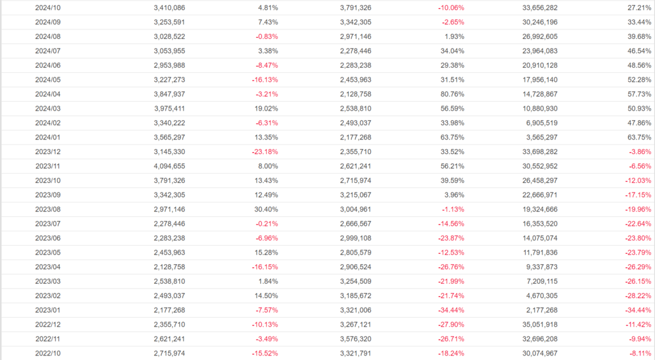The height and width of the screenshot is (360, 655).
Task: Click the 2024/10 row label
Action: click(48, 8)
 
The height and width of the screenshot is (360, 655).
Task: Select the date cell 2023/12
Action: click(48, 152)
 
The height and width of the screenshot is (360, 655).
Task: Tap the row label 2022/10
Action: click(48, 353)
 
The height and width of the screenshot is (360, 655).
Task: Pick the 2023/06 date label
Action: click(48, 238)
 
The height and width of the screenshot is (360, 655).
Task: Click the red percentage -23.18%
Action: click(263, 152)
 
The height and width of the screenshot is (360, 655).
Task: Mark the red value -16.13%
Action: click(263, 80)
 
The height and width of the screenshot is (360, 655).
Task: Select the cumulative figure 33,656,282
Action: click(535, 8)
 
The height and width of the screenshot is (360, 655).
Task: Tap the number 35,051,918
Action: click(535, 324)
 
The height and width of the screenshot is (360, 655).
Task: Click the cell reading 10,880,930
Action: click(535, 109)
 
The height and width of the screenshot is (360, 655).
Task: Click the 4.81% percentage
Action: click(268, 8)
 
